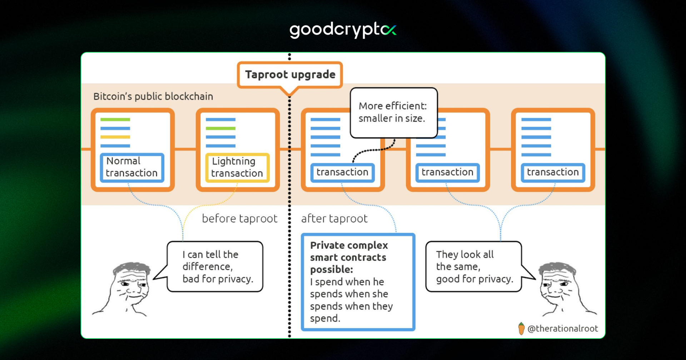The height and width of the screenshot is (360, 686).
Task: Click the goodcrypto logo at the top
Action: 343,30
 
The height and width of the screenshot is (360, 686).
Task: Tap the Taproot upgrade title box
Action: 290,75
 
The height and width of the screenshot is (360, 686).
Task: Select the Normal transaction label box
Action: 132,167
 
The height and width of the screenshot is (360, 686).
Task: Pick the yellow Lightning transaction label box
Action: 237,167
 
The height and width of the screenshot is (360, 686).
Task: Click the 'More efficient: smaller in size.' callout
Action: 393,112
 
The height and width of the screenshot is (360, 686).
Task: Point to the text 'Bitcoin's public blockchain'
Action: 153,96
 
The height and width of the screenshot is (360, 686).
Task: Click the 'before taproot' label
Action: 239,218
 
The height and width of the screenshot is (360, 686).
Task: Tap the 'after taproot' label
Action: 334,218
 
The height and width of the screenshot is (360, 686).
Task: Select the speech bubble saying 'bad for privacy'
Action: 215,266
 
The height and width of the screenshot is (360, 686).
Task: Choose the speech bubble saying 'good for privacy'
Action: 473,266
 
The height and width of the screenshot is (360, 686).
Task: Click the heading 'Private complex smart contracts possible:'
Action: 349,257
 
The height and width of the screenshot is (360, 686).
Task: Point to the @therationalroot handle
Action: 562,329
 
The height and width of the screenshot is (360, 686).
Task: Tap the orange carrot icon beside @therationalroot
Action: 521,328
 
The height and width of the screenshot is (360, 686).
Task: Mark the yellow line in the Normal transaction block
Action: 115,137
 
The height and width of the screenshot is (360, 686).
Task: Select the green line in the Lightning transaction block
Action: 220,128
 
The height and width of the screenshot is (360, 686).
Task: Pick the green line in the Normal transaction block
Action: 115,119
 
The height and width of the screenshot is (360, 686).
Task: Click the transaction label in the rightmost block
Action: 552,172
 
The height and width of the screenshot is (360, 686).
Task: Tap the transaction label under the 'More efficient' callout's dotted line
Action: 342,172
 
